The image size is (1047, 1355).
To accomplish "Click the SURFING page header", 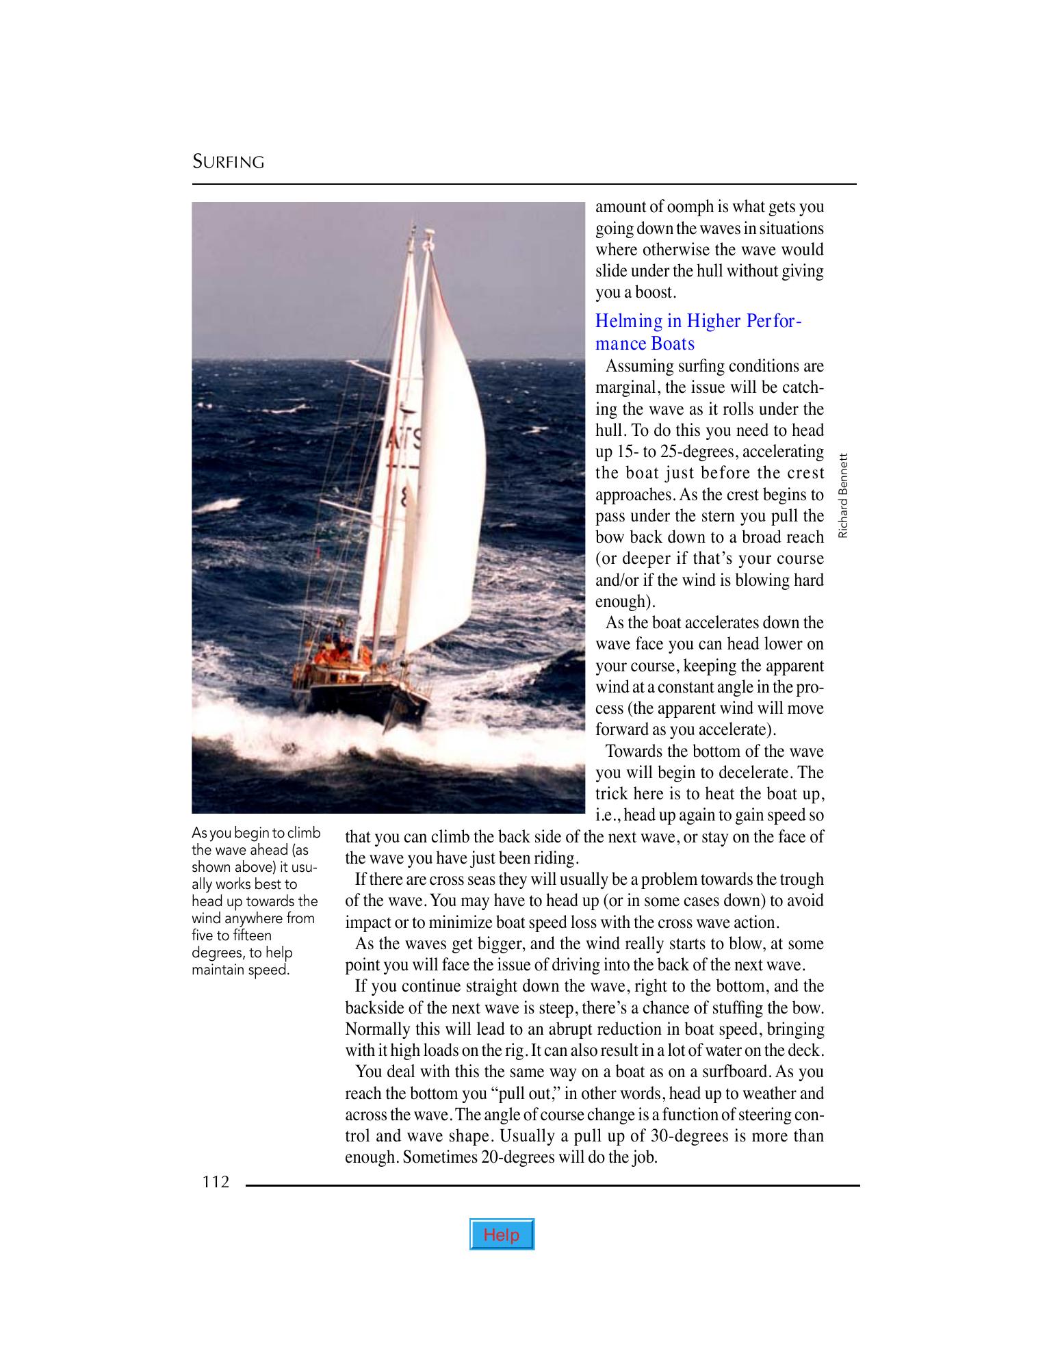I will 228,162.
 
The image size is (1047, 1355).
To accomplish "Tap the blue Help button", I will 501,1235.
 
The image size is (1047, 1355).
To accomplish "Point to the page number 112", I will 216,1182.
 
